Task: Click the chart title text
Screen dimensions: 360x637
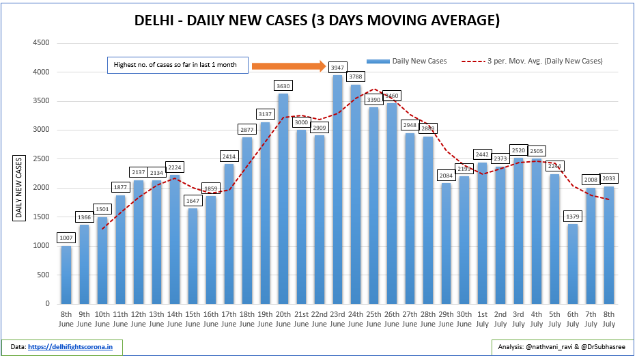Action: [x=317, y=20]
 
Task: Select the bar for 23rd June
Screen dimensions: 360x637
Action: [x=337, y=191]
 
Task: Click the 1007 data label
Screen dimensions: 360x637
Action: [x=66, y=238]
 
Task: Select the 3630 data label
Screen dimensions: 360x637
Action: [x=282, y=86]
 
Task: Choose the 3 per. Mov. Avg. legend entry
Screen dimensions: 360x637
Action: [x=532, y=61]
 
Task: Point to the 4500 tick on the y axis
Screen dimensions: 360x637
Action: [x=42, y=43]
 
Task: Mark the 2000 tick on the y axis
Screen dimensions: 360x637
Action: [x=42, y=188]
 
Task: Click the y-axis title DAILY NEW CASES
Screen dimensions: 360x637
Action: [x=19, y=188]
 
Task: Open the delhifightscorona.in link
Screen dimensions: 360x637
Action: [x=74, y=347]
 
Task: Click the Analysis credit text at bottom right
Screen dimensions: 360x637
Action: [x=561, y=347]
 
